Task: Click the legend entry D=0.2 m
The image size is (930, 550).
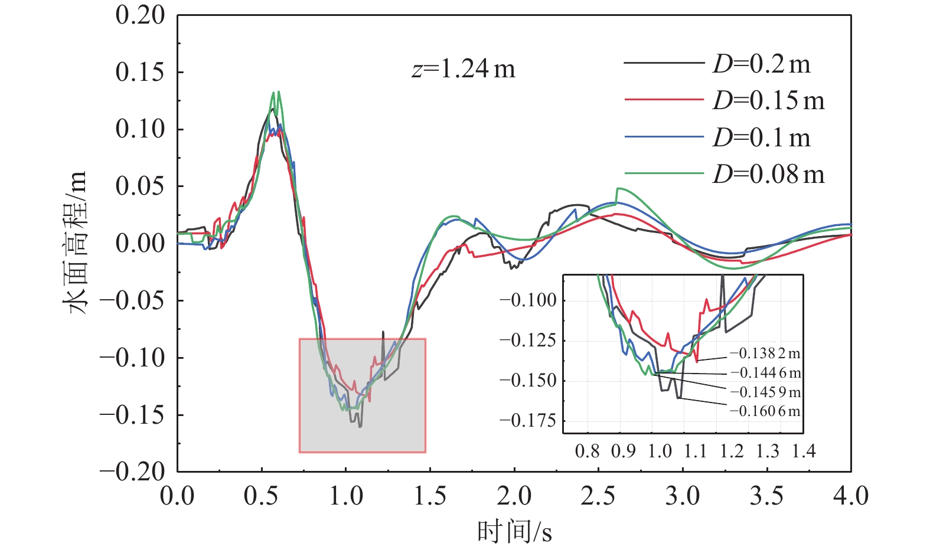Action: [x=762, y=64]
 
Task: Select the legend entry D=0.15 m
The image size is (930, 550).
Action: [x=768, y=100]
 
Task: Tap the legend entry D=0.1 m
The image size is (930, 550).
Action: [x=762, y=137]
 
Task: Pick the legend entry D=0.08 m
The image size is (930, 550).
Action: [x=768, y=174]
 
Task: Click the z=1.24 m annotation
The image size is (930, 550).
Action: [x=464, y=70]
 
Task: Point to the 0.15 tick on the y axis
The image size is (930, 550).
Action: [x=141, y=72]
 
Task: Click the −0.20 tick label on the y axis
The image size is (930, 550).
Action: [x=133, y=471]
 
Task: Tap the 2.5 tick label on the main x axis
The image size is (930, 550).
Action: [x=598, y=496]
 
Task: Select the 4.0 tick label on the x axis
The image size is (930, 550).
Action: [x=850, y=496]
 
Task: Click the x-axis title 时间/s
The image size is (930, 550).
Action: [x=514, y=532]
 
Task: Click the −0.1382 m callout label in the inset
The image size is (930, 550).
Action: [x=765, y=353]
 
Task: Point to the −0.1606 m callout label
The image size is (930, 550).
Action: [x=765, y=411]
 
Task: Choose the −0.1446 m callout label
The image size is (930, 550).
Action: [x=765, y=372]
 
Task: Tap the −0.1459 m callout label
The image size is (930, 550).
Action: [x=765, y=392]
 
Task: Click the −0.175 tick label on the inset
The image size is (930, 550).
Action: [x=528, y=421]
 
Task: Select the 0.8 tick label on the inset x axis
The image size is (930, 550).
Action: [x=587, y=451]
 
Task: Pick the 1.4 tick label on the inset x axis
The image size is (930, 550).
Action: [x=804, y=451]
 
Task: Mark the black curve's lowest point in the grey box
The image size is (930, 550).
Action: [x=360, y=426]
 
